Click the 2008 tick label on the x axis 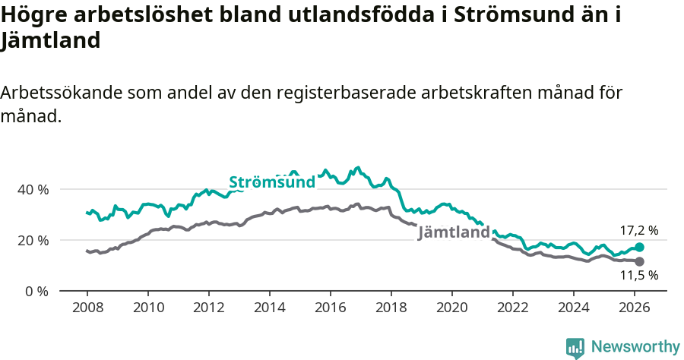click(87, 308)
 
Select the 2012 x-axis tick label click(208, 308)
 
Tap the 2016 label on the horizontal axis click(330, 308)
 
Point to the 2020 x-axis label click(451, 308)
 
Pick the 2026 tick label click(634, 308)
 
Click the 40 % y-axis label click(32, 189)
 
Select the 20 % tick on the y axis click(32, 240)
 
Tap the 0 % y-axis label click(36, 291)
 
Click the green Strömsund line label click(271, 182)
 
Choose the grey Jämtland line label click(454, 232)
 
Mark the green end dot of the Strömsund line click(639, 247)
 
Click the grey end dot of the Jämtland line click(639, 261)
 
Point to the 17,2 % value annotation click(639, 229)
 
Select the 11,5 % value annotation click(639, 276)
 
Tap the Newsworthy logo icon click(575, 348)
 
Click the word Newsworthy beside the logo click(635, 347)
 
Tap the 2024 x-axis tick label click(573, 308)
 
